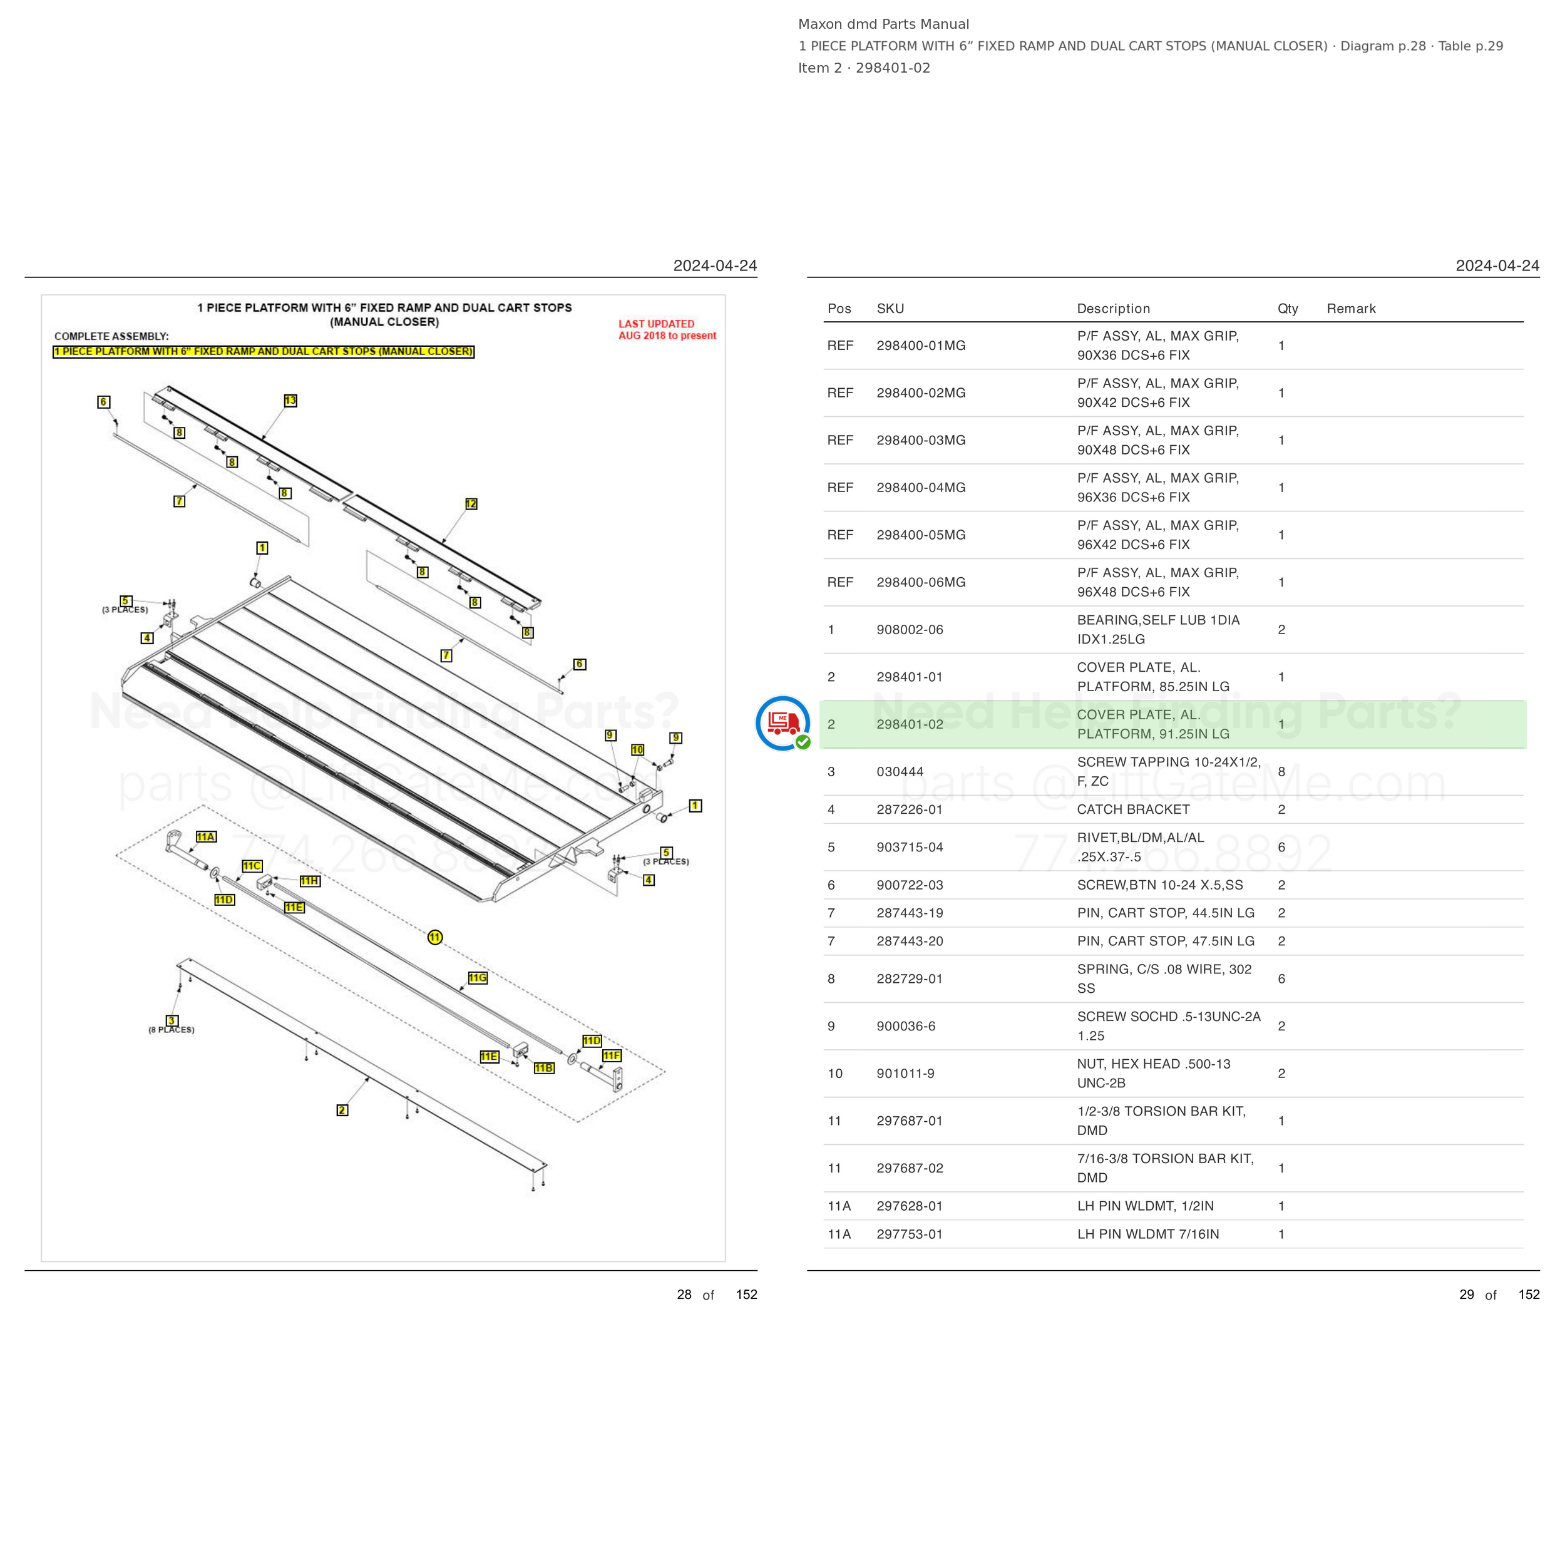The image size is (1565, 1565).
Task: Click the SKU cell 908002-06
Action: (x=910, y=629)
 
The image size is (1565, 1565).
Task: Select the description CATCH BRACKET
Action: (x=1133, y=809)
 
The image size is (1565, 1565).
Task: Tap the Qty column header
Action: (x=1288, y=309)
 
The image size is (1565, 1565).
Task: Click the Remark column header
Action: (x=1351, y=309)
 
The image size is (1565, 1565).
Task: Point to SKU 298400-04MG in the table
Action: (x=921, y=488)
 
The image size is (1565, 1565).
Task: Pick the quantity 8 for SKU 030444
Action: (x=1281, y=772)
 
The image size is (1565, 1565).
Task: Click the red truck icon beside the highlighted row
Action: (x=782, y=722)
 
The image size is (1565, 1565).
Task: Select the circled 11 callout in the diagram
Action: (x=435, y=937)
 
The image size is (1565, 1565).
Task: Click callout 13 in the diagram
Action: (x=290, y=400)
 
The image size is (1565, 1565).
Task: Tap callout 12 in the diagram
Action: (x=471, y=504)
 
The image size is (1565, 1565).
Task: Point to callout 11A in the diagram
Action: (x=206, y=837)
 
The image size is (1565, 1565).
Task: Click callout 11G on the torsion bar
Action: (x=478, y=978)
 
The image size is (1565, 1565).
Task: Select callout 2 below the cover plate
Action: (x=342, y=1110)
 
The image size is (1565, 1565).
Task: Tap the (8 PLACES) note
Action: (x=171, y=1030)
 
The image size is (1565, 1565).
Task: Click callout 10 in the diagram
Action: (x=637, y=750)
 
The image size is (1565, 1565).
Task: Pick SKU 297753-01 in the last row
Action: (x=910, y=1234)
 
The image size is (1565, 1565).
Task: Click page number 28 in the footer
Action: (x=684, y=1295)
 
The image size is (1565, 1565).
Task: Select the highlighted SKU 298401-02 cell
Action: (x=910, y=724)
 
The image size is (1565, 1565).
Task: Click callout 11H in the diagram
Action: (x=309, y=881)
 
